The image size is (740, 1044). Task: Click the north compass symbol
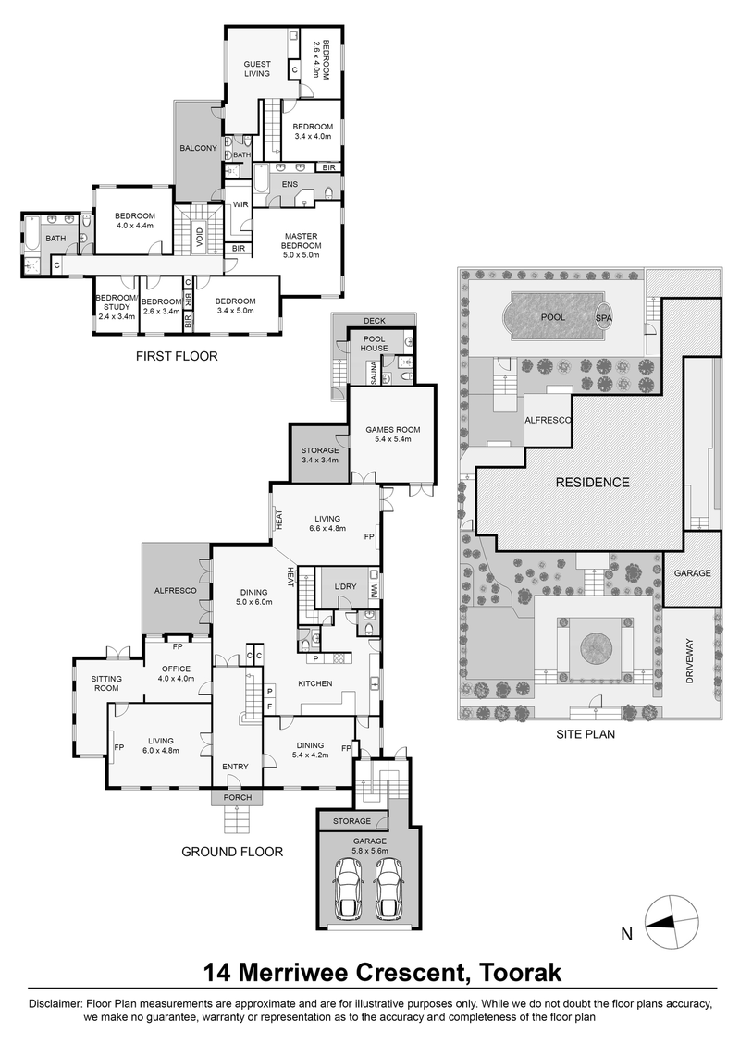click(673, 922)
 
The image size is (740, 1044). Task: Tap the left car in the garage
click(350, 889)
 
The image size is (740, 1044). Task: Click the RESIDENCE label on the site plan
click(592, 482)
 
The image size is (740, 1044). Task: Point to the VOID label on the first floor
click(199, 237)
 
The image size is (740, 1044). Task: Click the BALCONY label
click(198, 148)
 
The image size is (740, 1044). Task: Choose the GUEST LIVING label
click(257, 69)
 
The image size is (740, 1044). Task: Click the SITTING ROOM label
click(106, 683)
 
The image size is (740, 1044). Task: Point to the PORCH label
click(238, 797)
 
